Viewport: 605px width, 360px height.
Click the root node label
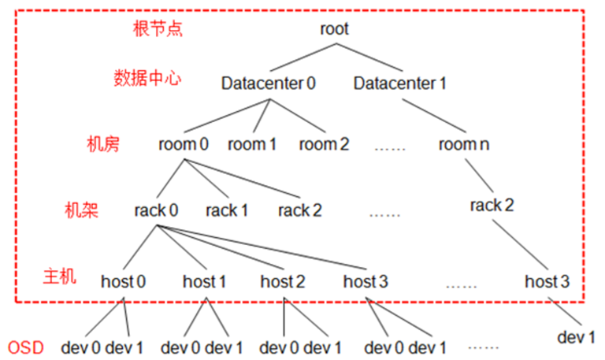coord(334,30)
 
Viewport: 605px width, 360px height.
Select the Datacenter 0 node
coord(269,83)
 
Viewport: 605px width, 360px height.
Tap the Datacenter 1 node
coord(400,83)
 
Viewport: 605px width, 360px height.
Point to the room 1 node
coord(253,145)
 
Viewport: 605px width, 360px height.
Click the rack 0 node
coord(156,210)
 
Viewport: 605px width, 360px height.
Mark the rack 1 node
coord(227,210)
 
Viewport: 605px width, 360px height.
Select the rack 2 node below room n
coord(492,206)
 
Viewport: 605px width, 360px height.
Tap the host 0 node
coord(123,280)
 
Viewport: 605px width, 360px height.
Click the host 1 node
coord(205,280)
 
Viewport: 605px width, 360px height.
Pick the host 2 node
coord(282,280)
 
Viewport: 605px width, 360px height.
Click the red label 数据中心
coord(147,79)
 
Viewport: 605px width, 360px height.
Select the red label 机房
coord(102,144)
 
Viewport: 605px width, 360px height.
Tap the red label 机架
coord(81,210)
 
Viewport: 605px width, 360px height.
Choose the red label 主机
coord(60,276)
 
